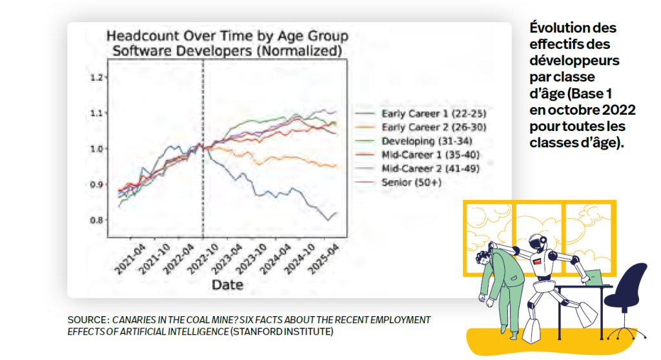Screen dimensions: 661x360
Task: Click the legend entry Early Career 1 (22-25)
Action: click(x=434, y=114)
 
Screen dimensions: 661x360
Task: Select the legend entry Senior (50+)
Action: click(x=411, y=183)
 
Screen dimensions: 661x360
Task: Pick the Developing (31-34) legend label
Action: click(x=427, y=141)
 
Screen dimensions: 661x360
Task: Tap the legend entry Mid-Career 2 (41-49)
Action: click(x=431, y=168)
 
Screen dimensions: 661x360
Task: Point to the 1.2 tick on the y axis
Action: click(x=97, y=77)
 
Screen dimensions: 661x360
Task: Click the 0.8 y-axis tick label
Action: click(x=97, y=220)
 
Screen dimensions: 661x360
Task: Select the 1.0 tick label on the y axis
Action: click(x=97, y=149)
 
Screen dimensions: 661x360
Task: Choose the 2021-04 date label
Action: click(x=130, y=259)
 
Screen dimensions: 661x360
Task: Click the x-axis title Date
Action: click(x=227, y=285)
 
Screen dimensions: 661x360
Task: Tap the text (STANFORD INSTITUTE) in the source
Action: click(x=281, y=332)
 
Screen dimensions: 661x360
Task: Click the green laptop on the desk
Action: click(x=595, y=277)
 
